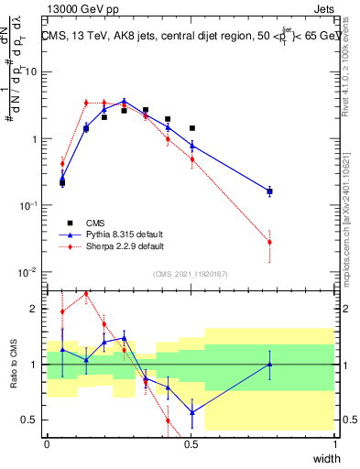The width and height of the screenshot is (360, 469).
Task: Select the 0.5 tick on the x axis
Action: point(191,443)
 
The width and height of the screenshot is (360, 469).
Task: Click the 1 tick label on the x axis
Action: point(335,443)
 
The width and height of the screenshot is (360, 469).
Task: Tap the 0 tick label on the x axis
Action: point(47,443)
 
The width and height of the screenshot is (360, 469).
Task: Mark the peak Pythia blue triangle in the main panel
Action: point(125,102)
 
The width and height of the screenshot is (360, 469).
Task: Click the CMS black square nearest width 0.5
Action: point(191,128)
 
